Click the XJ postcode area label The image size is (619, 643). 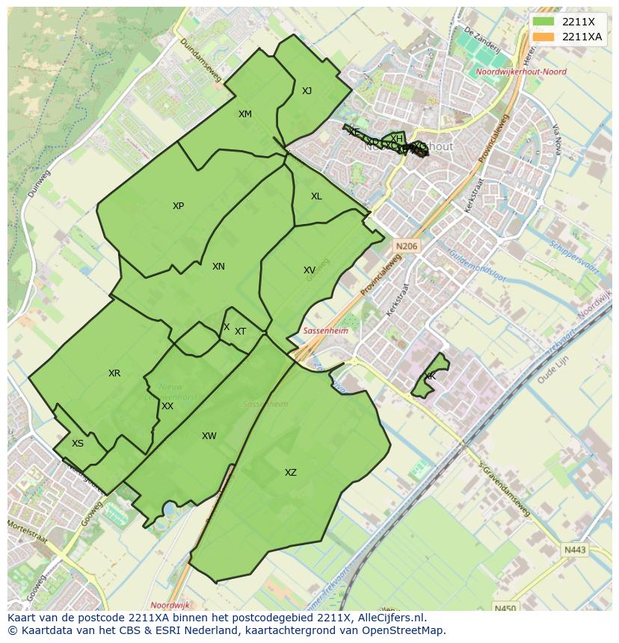[x=307, y=91]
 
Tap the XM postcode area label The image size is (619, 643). [x=244, y=114]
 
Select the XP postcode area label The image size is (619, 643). [x=178, y=206]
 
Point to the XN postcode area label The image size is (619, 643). [x=218, y=267]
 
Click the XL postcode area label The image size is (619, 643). [x=316, y=196]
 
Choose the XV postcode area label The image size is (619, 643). [x=309, y=270]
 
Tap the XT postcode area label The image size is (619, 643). [x=240, y=332]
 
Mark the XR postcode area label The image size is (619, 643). [x=114, y=373]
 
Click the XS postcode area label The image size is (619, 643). [x=78, y=444]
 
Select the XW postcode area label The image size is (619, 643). [x=209, y=436]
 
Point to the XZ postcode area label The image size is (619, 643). [x=290, y=473]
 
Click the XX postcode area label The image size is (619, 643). [x=167, y=406]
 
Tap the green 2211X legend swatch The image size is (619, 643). [x=543, y=22]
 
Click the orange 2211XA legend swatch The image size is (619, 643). [x=543, y=37]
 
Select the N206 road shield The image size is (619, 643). [x=407, y=246]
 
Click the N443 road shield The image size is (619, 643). [x=575, y=550]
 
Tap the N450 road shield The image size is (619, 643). [x=505, y=609]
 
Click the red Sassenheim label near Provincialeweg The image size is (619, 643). [x=325, y=331]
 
